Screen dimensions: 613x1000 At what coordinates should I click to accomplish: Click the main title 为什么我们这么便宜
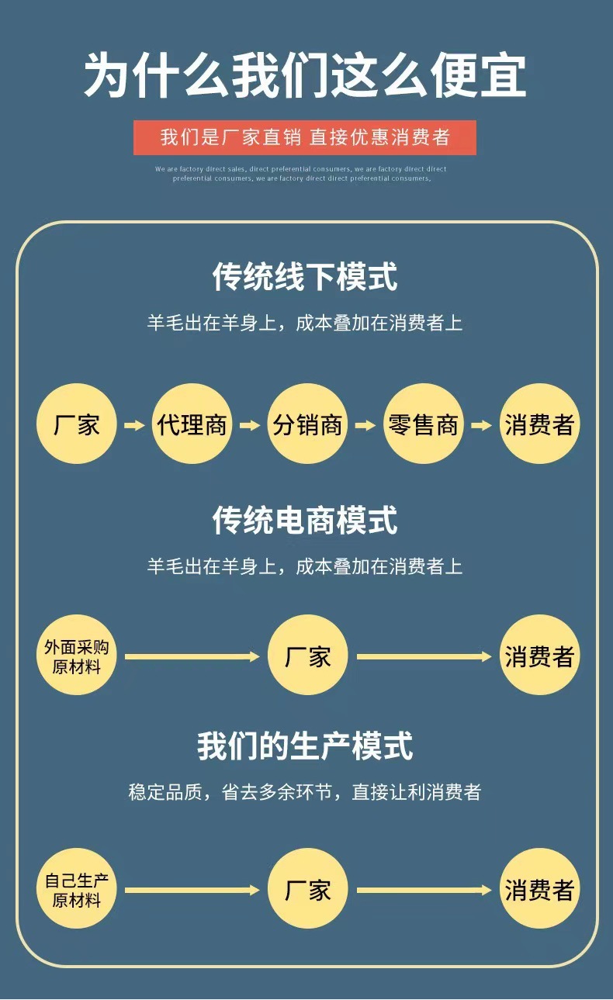tap(305, 76)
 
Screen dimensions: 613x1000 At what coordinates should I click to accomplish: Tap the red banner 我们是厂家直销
tap(305, 137)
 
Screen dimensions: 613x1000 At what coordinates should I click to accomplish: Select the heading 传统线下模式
tap(305, 277)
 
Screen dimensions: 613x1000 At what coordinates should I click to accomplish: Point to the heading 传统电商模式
tap(305, 520)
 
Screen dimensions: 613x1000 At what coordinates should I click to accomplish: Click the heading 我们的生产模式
tap(305, 746)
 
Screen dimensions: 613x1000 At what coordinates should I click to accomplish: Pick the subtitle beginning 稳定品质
tap(305, 792)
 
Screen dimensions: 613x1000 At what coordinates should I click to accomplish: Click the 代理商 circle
tap(192, 424)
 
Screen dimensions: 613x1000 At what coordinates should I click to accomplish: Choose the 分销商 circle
tap(307, 424)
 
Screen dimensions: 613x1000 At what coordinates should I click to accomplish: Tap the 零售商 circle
tap(423, 424)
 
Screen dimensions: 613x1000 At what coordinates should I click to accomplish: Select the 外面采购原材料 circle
tap(76, 656)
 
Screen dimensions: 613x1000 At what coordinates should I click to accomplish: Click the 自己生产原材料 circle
tap(76, 890)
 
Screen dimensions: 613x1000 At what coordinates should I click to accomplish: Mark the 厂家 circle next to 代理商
tap(76, 424)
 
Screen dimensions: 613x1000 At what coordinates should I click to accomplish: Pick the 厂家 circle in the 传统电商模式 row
tap(307, 656)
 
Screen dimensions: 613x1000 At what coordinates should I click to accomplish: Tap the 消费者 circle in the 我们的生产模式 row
tap(539, 890)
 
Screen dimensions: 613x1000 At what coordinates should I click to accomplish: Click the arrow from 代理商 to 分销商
tap(250, 425)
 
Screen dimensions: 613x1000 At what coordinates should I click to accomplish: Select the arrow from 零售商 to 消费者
tap(481, 425)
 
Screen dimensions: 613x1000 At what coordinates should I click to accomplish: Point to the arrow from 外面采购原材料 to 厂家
tap(192, 657)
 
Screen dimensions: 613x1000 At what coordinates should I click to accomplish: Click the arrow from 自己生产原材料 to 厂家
tap(192, 891)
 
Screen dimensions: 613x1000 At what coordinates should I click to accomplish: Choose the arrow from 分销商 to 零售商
tap(365, 425)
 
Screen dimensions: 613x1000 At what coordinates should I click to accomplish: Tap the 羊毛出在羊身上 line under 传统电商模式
tap(305, 566)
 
